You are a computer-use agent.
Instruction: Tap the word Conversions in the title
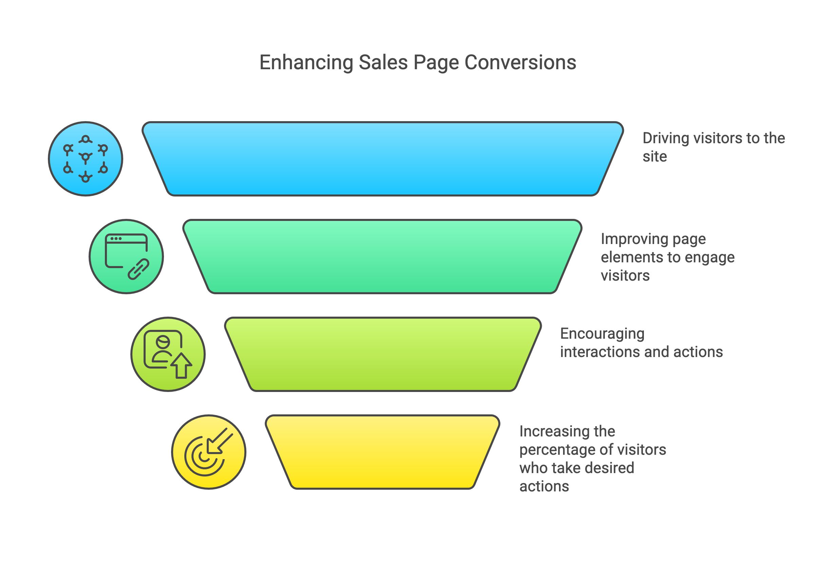tap(520, 63)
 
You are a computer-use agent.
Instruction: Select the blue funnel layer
tap(383, 159)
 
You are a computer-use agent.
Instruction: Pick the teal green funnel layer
tap(383, 257)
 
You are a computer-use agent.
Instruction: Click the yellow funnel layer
tap(383, 452)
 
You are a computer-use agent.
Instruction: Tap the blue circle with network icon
tap(86, 159)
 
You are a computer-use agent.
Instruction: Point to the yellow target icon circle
tap(209, 452)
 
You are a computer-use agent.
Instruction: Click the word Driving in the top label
tap(665, 138)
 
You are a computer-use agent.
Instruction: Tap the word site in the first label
tap(655, 157)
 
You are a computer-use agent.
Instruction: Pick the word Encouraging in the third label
tap(602, 334)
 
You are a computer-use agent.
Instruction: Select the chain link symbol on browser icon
tap(138, 269)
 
